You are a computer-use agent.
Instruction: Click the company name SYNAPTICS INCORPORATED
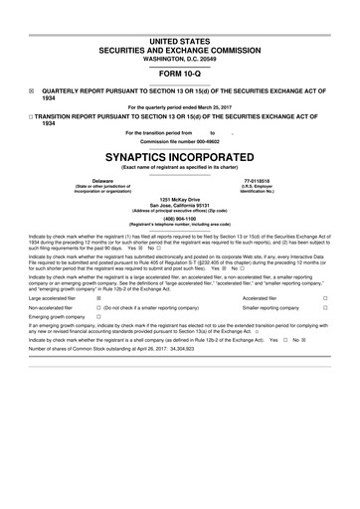pos(180,157)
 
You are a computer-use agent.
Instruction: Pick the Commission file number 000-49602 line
pos(180,140)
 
